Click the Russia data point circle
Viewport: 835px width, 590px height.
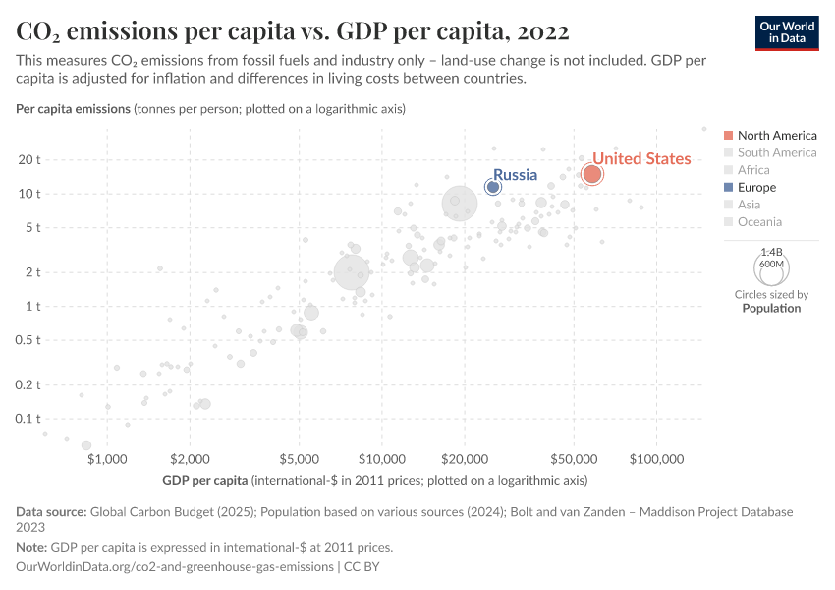tap(493, 187)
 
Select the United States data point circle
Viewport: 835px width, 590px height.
tap(592, 174)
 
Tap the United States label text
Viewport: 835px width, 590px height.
tap(641, 158)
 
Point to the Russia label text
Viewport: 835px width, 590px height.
tap(515, 175)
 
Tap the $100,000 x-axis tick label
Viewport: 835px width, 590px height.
tap(656, 459)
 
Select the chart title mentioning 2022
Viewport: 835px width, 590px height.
tap(293, 31)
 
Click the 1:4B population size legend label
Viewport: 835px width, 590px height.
tap(771, 252)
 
